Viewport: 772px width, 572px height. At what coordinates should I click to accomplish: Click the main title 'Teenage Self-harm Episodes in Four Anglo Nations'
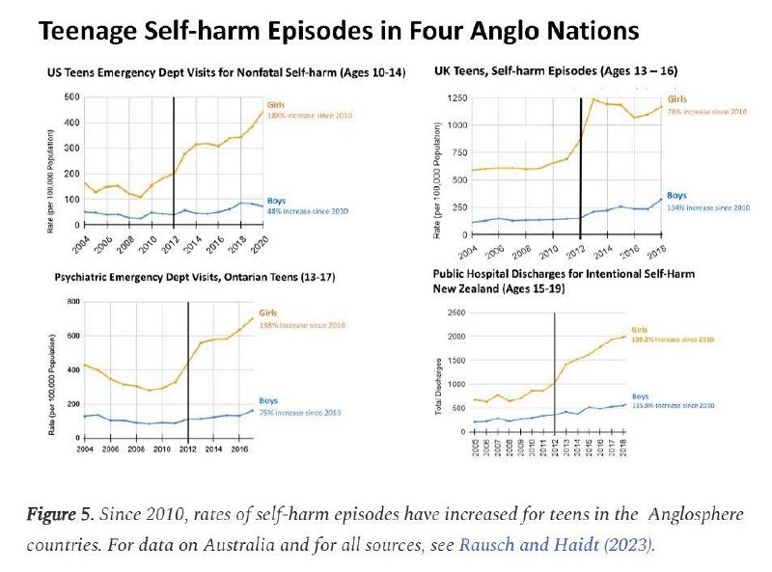(338, 31)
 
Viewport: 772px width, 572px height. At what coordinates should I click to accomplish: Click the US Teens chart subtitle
(227, 73)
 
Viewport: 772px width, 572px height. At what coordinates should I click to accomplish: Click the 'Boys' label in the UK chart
(676, 195)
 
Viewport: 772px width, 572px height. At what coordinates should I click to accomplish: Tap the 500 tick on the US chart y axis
(71, 97)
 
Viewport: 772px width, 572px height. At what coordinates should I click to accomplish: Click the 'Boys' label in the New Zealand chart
(642, 396)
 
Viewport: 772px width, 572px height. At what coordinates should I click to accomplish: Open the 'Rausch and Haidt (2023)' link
(555, 545)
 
